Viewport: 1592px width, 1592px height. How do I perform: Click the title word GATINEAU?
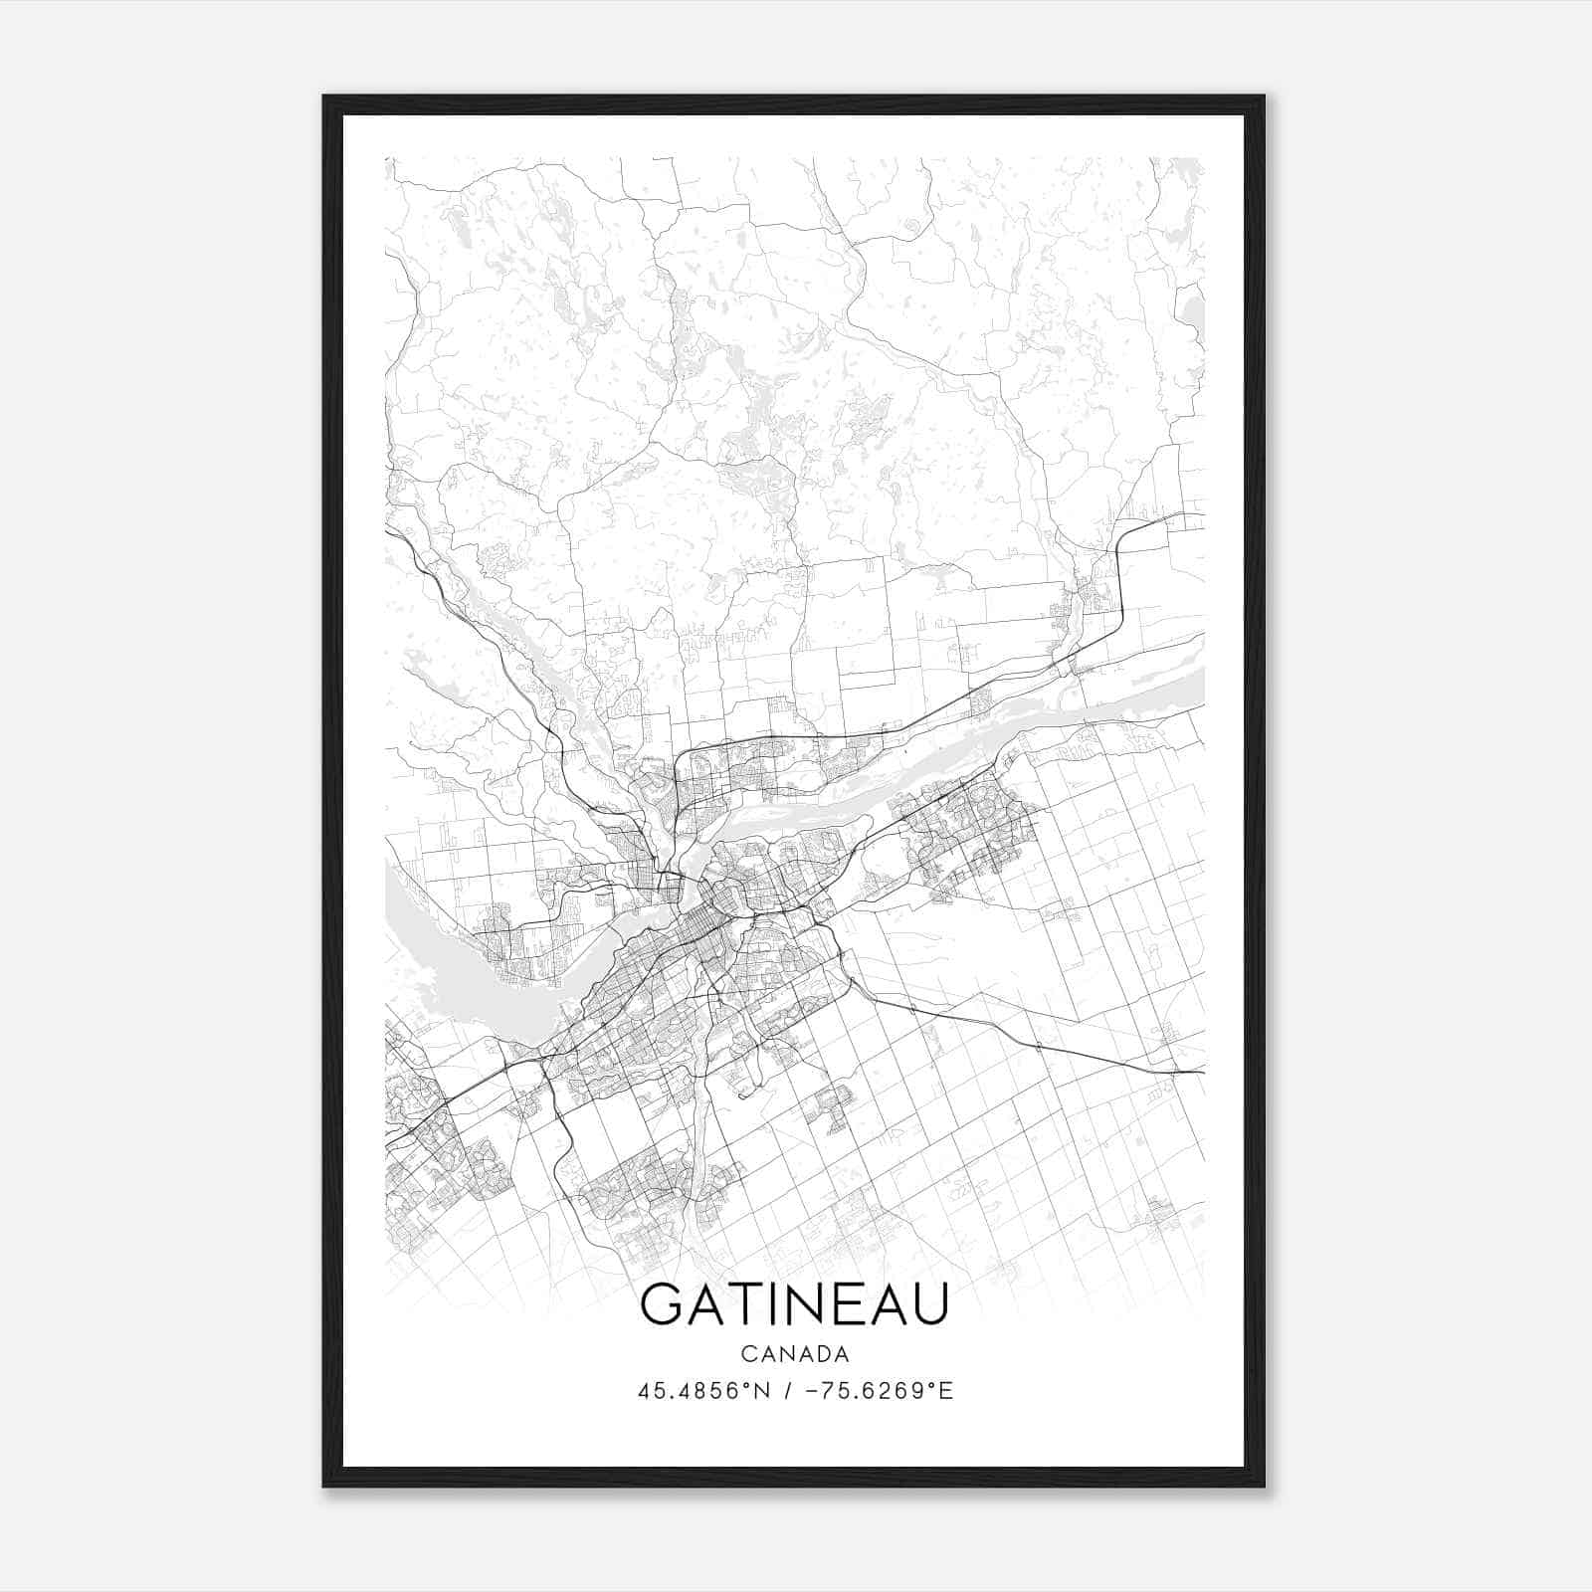[x=794, y=1304]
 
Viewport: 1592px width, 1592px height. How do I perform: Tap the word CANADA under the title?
[x=794, y=1354]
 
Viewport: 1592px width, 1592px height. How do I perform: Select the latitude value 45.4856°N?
[x=704, y=1391]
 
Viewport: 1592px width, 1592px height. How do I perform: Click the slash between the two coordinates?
[x=788, y=1391]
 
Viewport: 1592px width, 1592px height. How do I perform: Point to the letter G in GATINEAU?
[x=663, y=1304]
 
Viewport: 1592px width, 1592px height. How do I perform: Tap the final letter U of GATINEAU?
[x=926, y=1304]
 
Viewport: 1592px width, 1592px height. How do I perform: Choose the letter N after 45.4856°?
[x=764, y=1391]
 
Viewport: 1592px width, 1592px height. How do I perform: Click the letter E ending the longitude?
[x=947, y=1391]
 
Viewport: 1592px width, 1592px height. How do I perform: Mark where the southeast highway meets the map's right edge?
[x=1202, y=1073]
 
